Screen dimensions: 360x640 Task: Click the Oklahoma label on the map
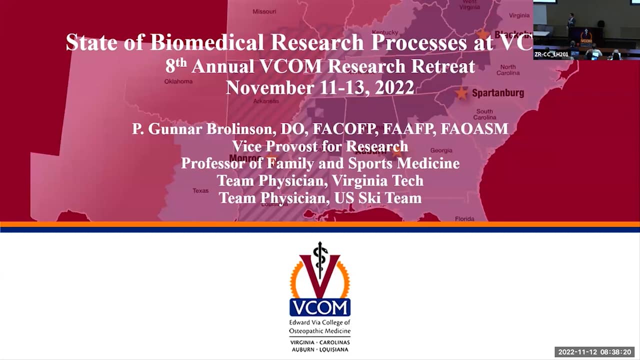click(178, 81)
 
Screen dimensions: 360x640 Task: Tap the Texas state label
click(200, 190)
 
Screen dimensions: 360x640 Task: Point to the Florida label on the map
click(464, 218)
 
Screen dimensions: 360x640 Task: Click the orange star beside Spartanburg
click(461, 93)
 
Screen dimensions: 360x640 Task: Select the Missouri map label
click(264, 11)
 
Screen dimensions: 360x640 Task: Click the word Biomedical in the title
click(206, 42)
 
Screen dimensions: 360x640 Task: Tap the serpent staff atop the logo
click(320, 255)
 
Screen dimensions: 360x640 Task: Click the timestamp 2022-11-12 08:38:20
click(594, 352)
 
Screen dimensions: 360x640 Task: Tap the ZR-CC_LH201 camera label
click(551, 54)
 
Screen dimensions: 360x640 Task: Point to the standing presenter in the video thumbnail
click(571, 21)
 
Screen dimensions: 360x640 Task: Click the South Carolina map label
click(484, 114)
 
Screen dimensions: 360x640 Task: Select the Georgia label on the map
click(441, 150)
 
